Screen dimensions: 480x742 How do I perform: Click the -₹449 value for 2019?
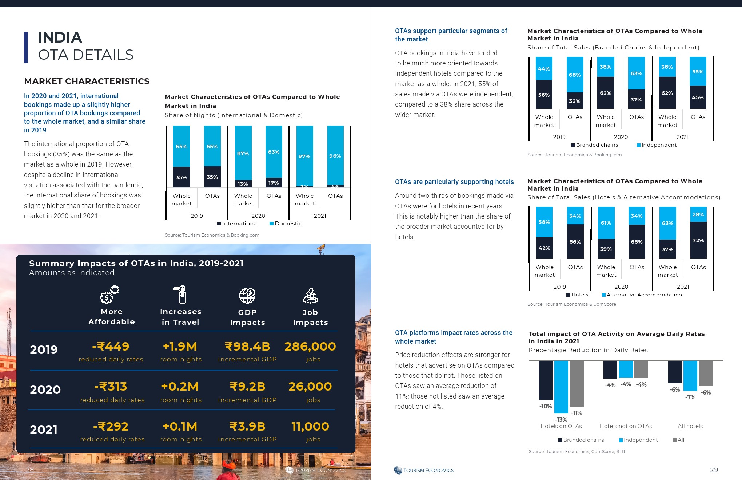[111, 347]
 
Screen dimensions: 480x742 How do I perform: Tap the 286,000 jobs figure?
[310, 347]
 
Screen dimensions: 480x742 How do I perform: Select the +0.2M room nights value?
[180, 387]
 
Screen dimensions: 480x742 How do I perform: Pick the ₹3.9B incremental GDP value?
[247, 427]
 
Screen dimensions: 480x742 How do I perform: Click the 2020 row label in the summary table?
[45, 390]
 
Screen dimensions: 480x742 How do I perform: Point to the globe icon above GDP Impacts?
[247, 296]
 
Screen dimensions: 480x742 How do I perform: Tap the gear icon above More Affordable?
[109, 295]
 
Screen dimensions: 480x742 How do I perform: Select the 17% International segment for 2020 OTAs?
[274, 183]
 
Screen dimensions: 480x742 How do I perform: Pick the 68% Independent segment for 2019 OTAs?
[575, 75]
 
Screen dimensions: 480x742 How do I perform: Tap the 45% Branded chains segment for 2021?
[698, 97]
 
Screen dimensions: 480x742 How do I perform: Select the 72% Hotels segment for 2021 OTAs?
[698, 240]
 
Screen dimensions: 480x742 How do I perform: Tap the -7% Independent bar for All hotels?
[690, 375]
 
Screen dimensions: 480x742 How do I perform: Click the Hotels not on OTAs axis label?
[626, 426]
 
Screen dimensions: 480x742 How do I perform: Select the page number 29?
[714, 470]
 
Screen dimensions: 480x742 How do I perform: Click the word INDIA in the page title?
[60, 37]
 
